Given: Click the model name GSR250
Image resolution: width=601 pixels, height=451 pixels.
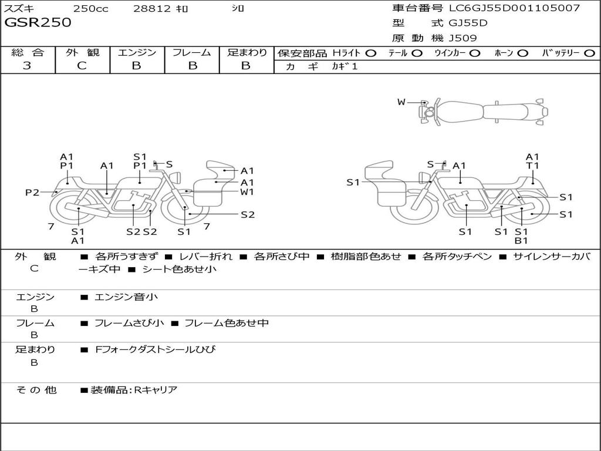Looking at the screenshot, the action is [38, 22].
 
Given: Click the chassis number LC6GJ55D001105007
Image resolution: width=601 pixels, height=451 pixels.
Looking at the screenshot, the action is [514, 8].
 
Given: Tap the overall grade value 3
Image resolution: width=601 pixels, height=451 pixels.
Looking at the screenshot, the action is [27, 65].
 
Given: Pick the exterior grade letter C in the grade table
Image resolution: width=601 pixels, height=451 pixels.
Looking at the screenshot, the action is [82, 65].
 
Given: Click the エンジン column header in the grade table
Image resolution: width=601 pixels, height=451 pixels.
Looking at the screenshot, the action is [137, 52].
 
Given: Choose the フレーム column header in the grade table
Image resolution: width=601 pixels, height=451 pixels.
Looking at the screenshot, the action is [192, 52].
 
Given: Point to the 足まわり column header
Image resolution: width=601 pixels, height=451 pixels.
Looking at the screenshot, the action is [247, 52].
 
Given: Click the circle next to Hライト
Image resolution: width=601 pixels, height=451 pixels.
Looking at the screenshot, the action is [371, 53].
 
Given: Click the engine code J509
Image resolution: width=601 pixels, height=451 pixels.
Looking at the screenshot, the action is [463, 38].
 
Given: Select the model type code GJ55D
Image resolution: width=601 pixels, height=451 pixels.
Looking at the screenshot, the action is [468, 23].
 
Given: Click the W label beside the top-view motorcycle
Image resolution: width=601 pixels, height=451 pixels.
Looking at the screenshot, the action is [401, 102].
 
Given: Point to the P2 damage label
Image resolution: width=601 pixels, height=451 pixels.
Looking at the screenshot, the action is [32, 192].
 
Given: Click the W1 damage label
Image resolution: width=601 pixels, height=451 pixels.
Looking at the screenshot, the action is [247, 191].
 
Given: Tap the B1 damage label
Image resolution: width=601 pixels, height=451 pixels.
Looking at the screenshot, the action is [522, 241].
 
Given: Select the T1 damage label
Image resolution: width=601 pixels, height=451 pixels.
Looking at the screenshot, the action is [532, 166].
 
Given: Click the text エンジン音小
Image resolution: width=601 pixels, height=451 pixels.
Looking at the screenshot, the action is [126, 297].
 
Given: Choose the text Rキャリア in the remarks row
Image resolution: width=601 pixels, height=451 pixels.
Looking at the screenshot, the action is [156, 389].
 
